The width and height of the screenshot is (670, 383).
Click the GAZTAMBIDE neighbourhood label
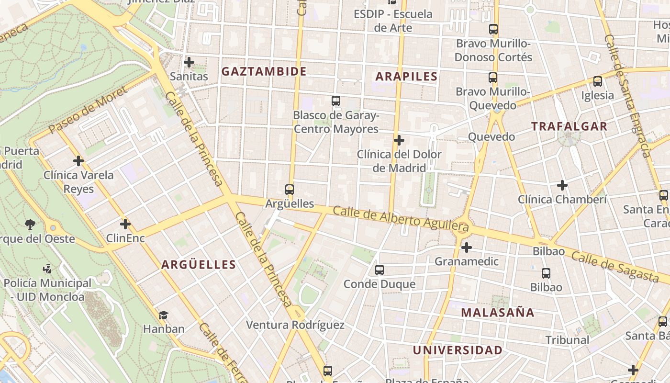tap(264, 72)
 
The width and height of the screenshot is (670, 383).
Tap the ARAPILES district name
tap(406, 77)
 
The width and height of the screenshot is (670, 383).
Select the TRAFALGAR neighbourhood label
tap(569, 127)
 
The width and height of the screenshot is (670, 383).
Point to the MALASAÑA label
tap(498, 313)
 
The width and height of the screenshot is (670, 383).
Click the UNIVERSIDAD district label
tap(458, 350)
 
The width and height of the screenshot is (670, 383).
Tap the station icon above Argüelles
tap(289, 190)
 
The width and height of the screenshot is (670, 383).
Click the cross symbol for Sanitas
tap(189, 62)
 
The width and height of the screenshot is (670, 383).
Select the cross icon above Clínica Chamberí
tap(562, 185)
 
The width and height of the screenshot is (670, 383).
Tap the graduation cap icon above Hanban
tap(164, 315)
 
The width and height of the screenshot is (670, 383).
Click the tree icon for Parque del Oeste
tap(30, 224)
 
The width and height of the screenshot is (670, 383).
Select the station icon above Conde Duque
tap(380, 270)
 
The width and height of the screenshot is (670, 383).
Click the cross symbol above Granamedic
tap(466, 248)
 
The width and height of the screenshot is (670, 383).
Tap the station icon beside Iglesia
tap(597, 81)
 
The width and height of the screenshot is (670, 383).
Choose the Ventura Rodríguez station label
tap(295, 325)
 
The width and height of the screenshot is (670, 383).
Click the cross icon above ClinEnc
tap(125, 224)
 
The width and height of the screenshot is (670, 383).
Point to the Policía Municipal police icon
tap(47, 269)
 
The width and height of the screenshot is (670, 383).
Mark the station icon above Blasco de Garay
tap(336, 101)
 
